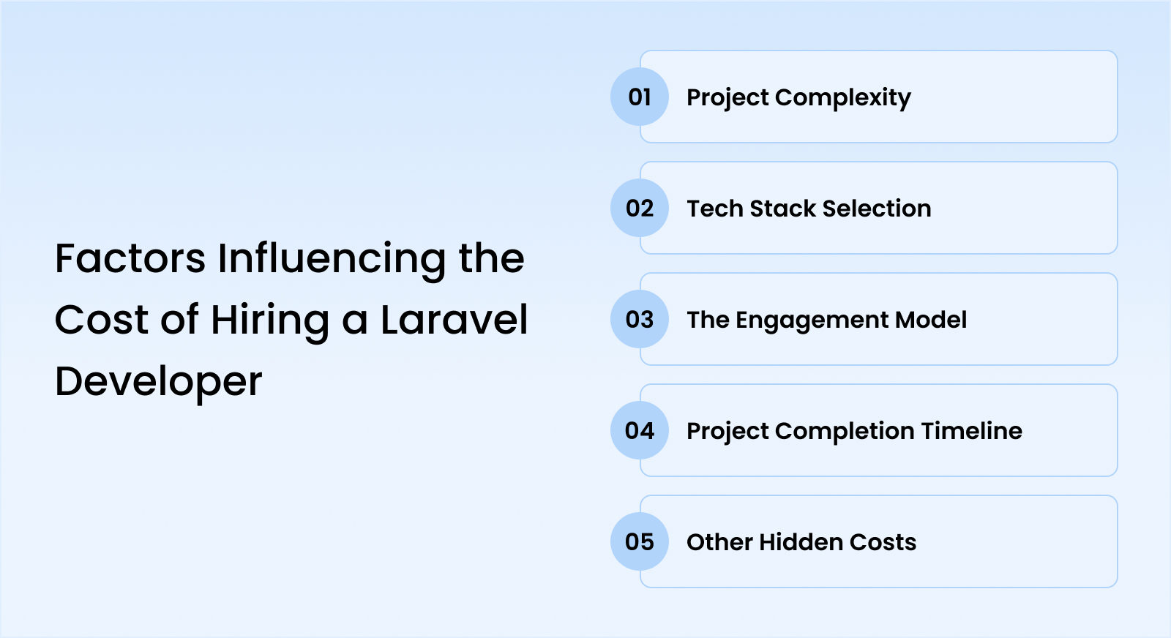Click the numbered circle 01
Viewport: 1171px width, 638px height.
pyautogui.click(x=640, y=97)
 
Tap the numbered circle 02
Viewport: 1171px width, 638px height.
pyautogui.click(x=640, y=208)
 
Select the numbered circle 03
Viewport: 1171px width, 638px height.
pyautogui.click(x=640, y=319)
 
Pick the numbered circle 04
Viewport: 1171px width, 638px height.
pyautogui.click(x=640, y=430)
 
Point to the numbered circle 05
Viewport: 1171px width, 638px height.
pyautogui.click(x=640, y=542)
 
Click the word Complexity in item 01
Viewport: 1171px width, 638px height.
pyautogui.click(x=842, y=98)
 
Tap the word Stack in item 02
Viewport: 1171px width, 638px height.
pyautogui.click(x=783, y=209)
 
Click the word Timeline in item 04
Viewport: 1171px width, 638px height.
pyautogui.click(x=971, y=431)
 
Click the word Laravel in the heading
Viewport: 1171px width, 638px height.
pyautogui.click(x=454, y=320)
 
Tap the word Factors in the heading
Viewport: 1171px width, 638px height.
pyautogui.click(x=130, y=259)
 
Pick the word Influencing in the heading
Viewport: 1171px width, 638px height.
pyautogui.click(x=332, y=260)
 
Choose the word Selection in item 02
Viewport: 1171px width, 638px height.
pyautogui.click(x=877, y=209)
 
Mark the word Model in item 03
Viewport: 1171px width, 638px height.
pyautogui.click(x=930, y=320)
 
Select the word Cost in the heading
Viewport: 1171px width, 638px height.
pyautogui.click(x=102, y=320)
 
